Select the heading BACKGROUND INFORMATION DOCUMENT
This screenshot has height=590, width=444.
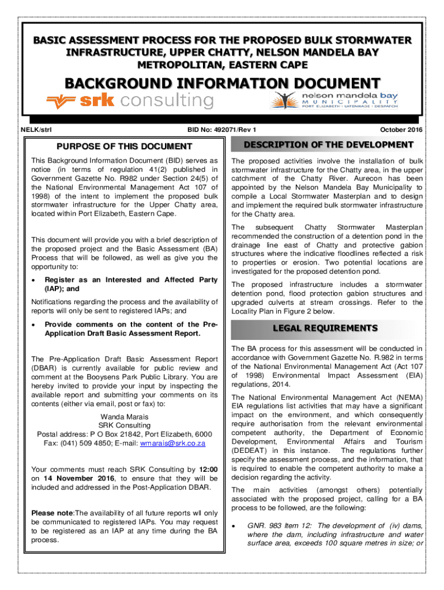(x=222, y=82)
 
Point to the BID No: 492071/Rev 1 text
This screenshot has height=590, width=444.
(x=219, y=130)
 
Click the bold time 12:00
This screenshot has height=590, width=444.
(x=208, y=469)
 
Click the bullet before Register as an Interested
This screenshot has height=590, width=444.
(x=35, y=280)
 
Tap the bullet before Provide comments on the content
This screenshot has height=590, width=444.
(x=35, y=324)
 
